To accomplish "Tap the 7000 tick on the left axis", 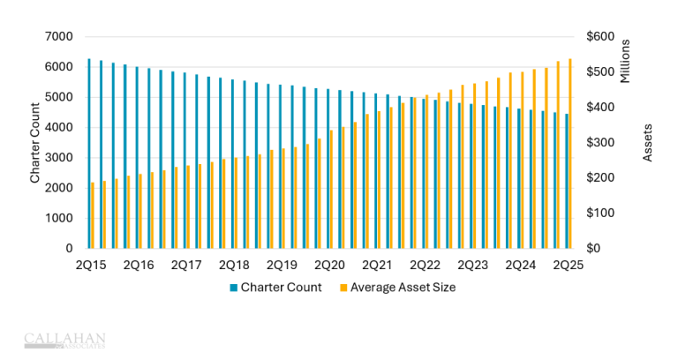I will [59, 36].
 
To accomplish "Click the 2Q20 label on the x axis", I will [328, 265].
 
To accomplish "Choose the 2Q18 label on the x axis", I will [233, 265].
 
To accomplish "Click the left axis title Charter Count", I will [35, 142].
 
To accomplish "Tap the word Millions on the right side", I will [625, 61].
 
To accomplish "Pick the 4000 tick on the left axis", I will [59, 127].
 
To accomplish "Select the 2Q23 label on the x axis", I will [472, 265].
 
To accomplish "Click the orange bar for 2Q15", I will [93, 215].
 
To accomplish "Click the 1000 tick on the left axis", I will [59, 218].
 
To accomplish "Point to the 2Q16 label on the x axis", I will [138, 265].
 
